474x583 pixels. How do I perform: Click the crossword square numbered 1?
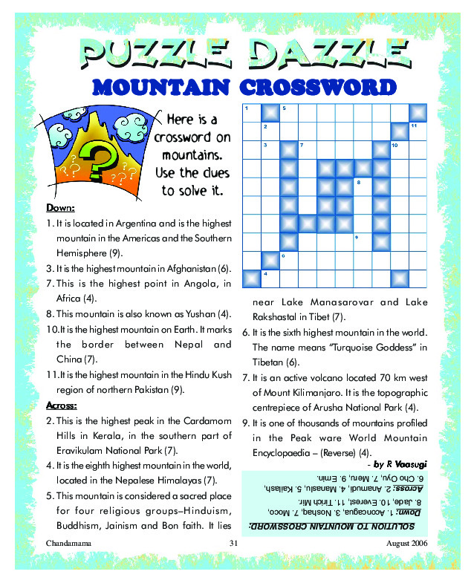point(251,113)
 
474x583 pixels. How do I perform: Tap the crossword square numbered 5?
point(288,113)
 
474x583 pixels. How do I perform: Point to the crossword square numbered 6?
point(288,261)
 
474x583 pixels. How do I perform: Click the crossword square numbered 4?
point(270,279)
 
